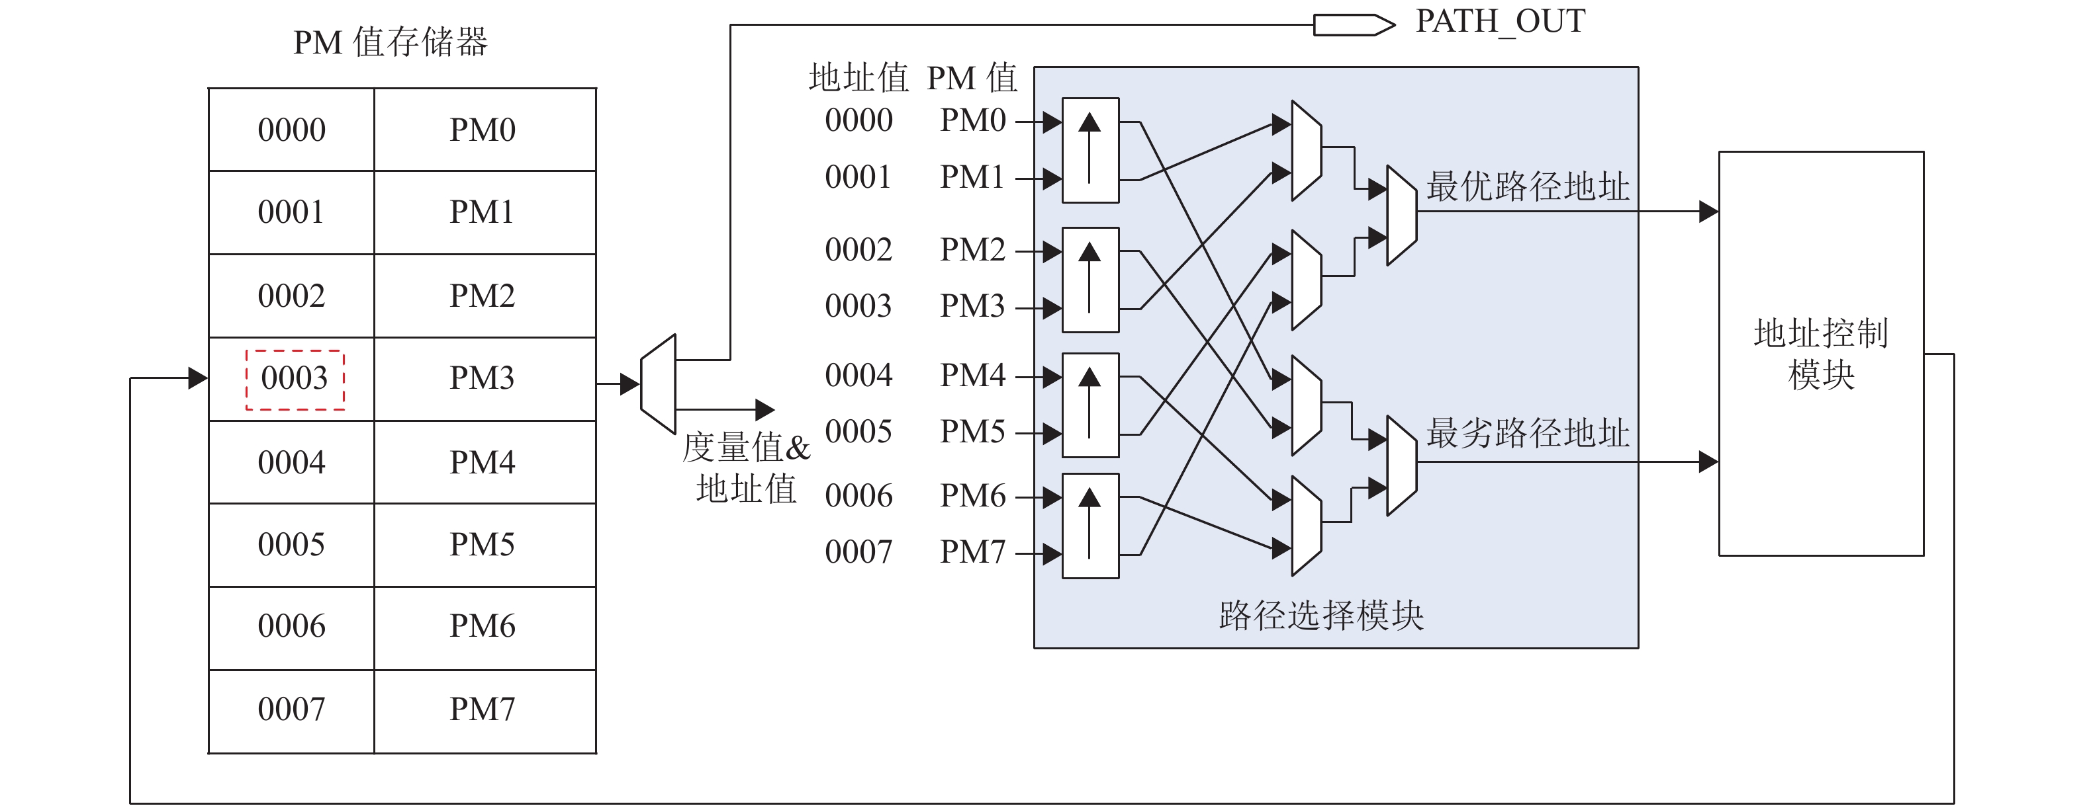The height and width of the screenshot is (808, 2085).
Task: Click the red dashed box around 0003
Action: (x=295, y=380)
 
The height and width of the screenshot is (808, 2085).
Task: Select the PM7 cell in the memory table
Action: (x=483, y=709)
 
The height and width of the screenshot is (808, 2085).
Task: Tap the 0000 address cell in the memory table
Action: (x=291, y=130)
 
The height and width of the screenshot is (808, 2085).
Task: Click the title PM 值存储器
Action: (x=390, y=42)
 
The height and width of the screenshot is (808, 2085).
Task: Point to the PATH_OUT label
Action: (x=1500, y=21)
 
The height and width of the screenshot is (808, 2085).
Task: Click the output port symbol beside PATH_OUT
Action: (x=1354, y=25)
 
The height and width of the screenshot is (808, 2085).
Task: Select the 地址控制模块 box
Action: (x=1820, y=354)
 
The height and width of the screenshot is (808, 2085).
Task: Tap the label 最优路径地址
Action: (x=1527, y=187)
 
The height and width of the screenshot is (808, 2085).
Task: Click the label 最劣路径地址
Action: (x=1527, y=434)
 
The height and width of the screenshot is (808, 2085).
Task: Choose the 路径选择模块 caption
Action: (x=1321, y=616)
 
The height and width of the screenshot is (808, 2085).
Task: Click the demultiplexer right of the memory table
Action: (x=658, y=384)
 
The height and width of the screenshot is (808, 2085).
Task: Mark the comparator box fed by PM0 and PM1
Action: (x=1090, y=151)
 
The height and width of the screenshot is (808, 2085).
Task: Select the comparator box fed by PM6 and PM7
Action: (x=1090, y=526)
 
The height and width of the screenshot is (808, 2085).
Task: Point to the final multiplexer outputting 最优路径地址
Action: (x=1401, y=215)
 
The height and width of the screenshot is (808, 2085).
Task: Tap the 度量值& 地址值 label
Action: (x=746, y=468)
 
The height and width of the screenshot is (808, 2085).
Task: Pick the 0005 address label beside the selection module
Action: (x=858, y=432)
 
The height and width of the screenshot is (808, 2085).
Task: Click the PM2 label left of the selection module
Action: (x=972, y=250)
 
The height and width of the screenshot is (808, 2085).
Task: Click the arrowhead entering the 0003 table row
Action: (x=197, y=378)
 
